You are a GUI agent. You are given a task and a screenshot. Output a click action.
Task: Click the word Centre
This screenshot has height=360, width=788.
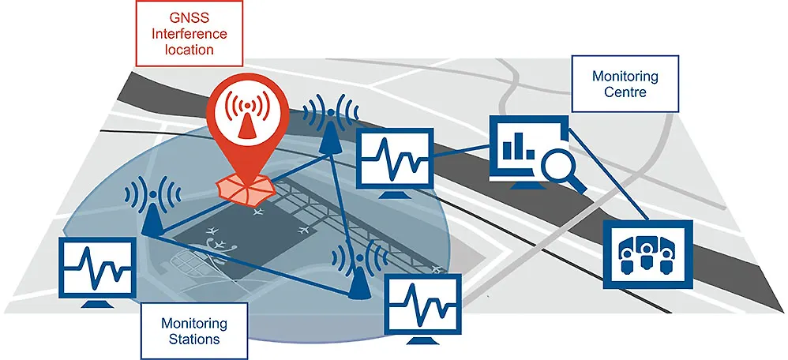click(x=625, y=92)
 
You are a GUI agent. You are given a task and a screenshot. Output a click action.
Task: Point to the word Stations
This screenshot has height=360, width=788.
click(x=193, y=339)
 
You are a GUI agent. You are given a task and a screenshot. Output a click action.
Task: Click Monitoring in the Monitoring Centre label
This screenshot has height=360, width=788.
click(x=625, y=77)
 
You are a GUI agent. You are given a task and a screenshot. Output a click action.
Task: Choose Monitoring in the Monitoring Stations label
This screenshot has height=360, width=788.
click(x=193, y=324)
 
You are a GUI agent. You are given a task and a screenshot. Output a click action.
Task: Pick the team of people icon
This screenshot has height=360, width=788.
click(x=647, y=252)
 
